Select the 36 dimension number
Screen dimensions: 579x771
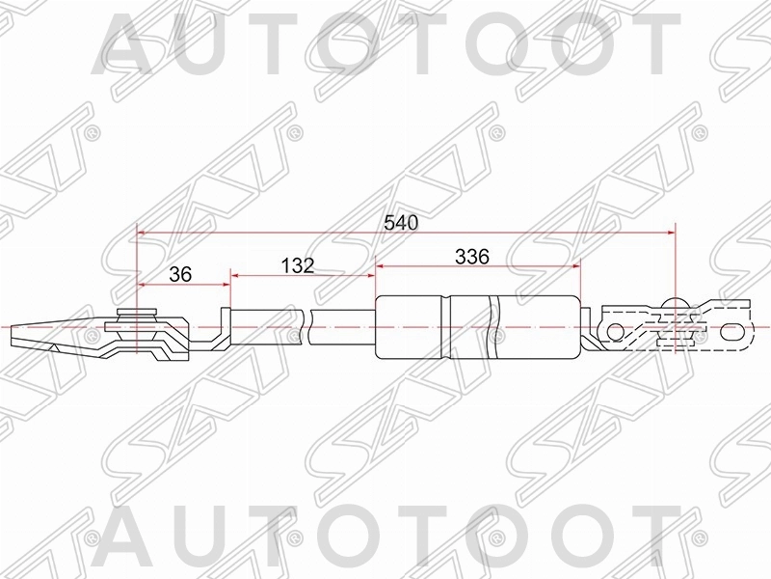pos(180,274)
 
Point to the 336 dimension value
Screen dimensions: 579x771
pos(473,257)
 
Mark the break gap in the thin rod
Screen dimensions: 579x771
pos(307,328)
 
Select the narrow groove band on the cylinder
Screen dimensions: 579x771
pos(444,328)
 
